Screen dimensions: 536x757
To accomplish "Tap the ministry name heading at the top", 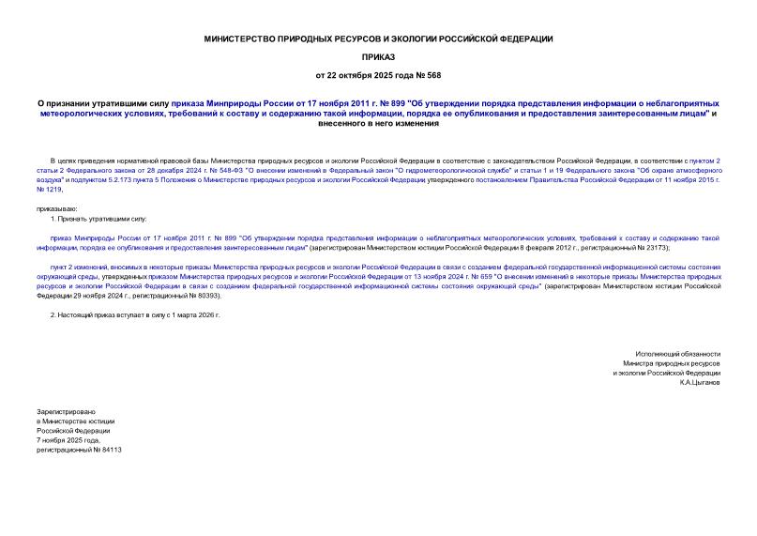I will [x=378, y=38].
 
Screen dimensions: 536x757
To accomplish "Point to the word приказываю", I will [x=57, y=207].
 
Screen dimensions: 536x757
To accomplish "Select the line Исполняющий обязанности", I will [x=675, y=353].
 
